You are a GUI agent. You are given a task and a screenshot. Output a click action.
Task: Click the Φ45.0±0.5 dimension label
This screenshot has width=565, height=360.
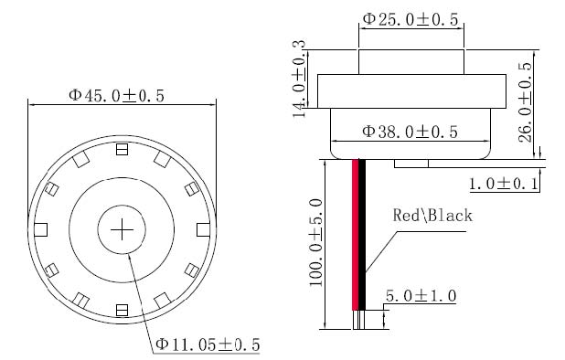(x=116, y=96)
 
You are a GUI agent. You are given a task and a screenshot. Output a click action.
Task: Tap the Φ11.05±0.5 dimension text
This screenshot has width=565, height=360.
(x=208, y=344)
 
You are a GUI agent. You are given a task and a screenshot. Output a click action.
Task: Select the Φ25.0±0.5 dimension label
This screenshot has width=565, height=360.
(x=410, y=19)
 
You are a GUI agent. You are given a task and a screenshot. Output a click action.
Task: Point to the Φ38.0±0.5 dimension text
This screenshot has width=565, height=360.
(x=410, y=132)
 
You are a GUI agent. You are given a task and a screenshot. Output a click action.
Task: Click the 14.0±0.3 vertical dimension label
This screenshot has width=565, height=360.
(x=299, y=79)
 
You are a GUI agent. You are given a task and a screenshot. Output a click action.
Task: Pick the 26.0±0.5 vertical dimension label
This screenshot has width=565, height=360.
(x=525, y=102)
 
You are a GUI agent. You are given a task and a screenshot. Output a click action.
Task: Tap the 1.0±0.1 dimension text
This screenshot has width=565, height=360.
(x=504, y=184)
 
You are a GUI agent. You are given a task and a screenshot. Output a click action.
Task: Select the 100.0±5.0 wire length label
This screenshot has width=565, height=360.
(x=315, y=242)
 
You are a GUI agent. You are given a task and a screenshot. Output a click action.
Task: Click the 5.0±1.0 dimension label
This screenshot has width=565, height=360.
(x=421, y=296)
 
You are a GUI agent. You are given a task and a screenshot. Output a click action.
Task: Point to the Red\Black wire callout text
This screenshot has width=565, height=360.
(x=432, y=216)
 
